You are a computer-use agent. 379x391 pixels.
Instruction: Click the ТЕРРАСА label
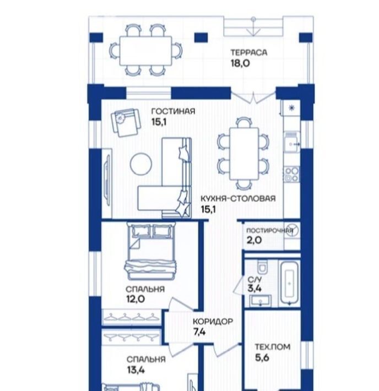[x=249, y=53]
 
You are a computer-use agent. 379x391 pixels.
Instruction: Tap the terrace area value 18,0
[x=240, y=63]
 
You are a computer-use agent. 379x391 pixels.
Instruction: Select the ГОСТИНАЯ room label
[x=174, y=111]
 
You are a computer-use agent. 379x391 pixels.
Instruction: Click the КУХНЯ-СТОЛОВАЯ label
[x=239, y=198]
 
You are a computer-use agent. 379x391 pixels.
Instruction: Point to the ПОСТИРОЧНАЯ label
[x=270, y=231]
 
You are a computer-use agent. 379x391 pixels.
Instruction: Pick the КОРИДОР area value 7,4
[x=199, y=332]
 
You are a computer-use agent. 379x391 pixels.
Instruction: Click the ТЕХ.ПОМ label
[x=273, y=347]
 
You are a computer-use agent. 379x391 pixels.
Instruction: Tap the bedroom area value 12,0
[x=135, y=298]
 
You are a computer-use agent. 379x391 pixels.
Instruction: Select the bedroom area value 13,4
[x=136, y=370]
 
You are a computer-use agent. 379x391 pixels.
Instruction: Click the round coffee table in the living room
[x=141, y=164]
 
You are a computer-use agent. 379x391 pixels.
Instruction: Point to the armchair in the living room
[x=125, y=122]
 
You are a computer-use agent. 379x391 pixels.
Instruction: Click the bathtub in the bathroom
[x=289, y=283]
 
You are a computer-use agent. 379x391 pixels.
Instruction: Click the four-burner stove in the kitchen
[x=291, y=175]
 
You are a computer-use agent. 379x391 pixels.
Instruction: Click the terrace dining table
[x=146, y=51]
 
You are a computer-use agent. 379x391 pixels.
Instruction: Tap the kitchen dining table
[x=244, y=153]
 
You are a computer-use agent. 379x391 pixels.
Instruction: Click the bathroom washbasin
[x=261, y=300]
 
